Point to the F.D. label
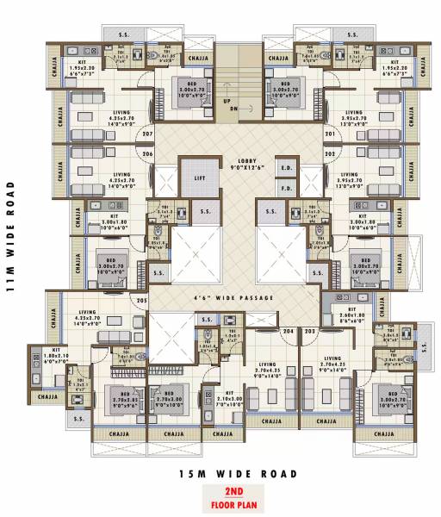coord(288,187)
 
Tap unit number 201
coord(329,134)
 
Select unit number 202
coord(329,153)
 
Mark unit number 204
coord(288,331)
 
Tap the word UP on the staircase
coord(227,101)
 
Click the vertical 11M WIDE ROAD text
coord(12,237)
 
